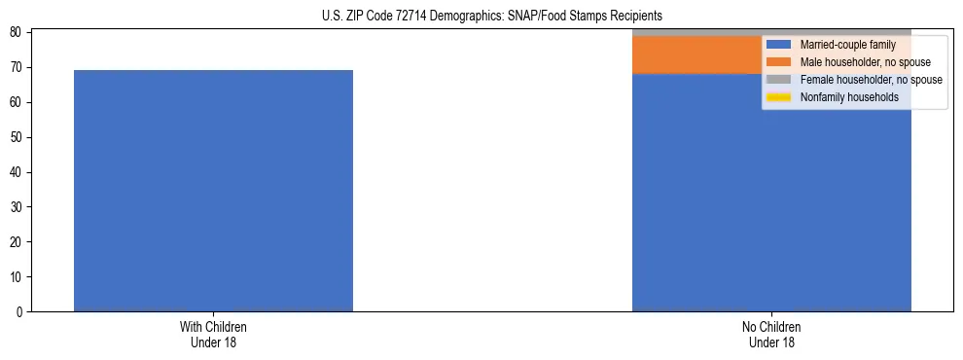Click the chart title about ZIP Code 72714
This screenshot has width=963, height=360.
(x=491, y=16)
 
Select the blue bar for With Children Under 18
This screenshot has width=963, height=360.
(x=213, y=191)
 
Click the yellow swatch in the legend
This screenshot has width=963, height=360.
(x=778, y=97)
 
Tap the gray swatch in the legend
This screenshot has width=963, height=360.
(x=778, y=80)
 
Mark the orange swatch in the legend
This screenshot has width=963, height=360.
(x=778, y=62)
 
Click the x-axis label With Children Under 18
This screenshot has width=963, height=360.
(x=213, y=334)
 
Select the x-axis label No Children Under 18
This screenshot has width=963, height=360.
(x=771, y=334)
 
